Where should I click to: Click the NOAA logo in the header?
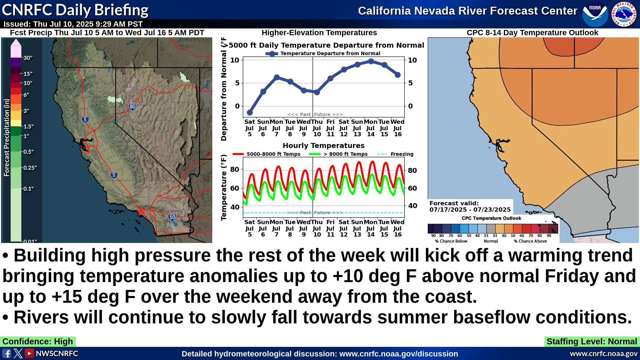pos(595,14)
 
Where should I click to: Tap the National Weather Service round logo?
pos(624,14)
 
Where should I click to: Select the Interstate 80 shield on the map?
pos(132,106)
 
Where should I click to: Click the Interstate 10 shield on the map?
pos(172,217)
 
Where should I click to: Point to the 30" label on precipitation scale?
pos(28,58)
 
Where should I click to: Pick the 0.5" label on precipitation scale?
pos(28,152)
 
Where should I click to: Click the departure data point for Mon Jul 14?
pos(371,61)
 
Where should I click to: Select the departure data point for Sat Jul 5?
pos(250,112)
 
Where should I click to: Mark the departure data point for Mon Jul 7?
pos(277,77)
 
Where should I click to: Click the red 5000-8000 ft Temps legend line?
pos(238,154)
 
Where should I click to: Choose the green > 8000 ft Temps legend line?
pos(315,154)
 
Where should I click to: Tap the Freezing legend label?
pos(402,154)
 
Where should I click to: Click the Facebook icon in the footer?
pos(7,353)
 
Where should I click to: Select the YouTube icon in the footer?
pos(30,353)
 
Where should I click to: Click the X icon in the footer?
pos(18,353)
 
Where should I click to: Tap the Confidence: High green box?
pos(38,342)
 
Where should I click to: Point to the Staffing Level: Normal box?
pos(592,342)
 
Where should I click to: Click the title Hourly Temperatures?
pos(324,145)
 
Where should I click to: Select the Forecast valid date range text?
pos(470,210)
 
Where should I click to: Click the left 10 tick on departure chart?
pos(235,60)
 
